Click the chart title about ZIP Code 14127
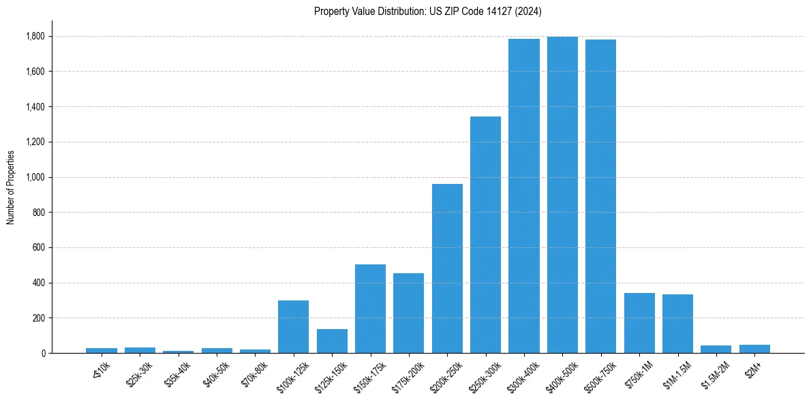[427, 12]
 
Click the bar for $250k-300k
[485, 235]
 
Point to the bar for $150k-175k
[370, 309]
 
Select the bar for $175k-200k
[408, 313]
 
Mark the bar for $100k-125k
[293, 327]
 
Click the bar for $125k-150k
[332, 341]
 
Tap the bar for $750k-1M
[639, 323]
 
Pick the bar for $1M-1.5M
[677, 324]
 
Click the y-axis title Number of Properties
[11, 187]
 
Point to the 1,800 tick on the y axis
[36, 36]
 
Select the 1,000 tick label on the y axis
[36, 177]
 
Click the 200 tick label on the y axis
[40, 318]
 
